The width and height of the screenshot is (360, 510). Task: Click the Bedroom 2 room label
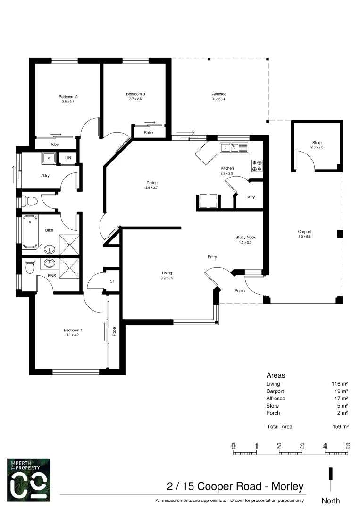pyautogui.click(x=68, y=97)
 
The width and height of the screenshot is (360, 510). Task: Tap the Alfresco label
pyautogui.click(x=218, y=94)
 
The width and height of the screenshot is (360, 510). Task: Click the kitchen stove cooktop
pyautogui.click(x=258, y=164)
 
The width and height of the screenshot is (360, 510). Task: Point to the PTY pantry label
pyautogui.click(x=251, y=197)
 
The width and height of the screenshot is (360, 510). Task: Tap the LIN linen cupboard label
pyautogui.click(x=68, y=158)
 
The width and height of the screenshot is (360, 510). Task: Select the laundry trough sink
pyautogui.click(x=49, y=158)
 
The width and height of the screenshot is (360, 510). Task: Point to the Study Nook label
pyautogui.click(x=246, y=238)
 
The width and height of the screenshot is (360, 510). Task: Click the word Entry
pyautogui.click(x=212, y=257)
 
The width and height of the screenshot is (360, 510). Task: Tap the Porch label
pyautogui.click(x=240, y=290)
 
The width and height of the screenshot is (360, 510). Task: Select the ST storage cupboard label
pyautogui.click(x=112, y=281)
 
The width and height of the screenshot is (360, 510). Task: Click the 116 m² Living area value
pyautogui.click(x=340, y=384)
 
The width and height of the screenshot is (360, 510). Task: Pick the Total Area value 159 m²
pyautogui.click(x=340, y=427)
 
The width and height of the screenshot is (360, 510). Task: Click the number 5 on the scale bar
pyautogui.click(x=348, y=446)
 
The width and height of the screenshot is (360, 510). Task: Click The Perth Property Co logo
pyautogui.click(x=29, y=479)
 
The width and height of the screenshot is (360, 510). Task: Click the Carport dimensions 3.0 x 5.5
pyautogui.click(x=304, y=236)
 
